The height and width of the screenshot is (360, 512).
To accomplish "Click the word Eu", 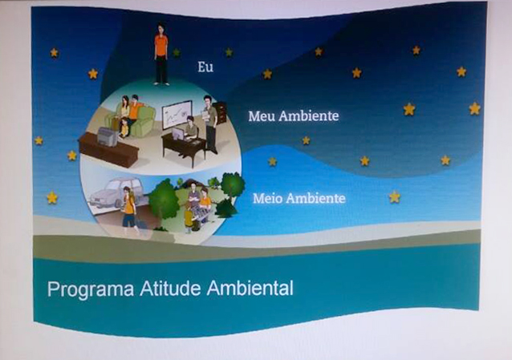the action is (x=205, y=67).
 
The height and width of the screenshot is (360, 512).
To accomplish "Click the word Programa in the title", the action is (x=91, y=289).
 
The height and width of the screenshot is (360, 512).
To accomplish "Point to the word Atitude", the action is (x=170, y=288).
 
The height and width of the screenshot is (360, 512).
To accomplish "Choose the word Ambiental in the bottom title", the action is (x=250, y=288).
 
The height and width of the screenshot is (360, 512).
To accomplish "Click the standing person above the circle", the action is (x=161, y=55).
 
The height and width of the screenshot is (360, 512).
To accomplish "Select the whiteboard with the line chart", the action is (x=177, y=114).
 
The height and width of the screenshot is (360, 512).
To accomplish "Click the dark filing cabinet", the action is (x=220, y=112).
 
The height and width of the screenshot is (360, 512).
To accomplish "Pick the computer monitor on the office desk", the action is (x=178, y=133).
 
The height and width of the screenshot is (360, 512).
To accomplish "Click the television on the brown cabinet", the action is (x=108, y=137).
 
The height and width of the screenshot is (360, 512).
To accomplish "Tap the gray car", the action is (x=116, y=192).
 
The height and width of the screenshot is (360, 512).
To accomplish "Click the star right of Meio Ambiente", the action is (x=395, y=196).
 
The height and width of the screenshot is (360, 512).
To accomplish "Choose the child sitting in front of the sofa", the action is (x=124, y=128).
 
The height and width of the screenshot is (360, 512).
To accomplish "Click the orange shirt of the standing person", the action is (x=161, y=45).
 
